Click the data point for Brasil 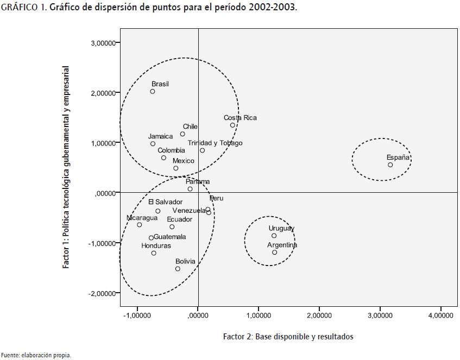(x=153, y=91)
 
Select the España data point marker (x=390, y=165)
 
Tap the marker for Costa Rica (x=232, y=125)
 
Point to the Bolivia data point (x=178, y=269)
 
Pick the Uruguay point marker (x=274, y=236)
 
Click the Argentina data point (x=274, y=252)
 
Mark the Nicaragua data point (x=139, y=225)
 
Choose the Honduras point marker (x=154, y=253)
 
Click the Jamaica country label (x=160, y=136)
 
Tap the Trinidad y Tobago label (x=215, y=143)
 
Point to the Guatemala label (x=170, y=237)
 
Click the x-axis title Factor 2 (x=288, y=337)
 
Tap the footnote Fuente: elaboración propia (x=35, y=355)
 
